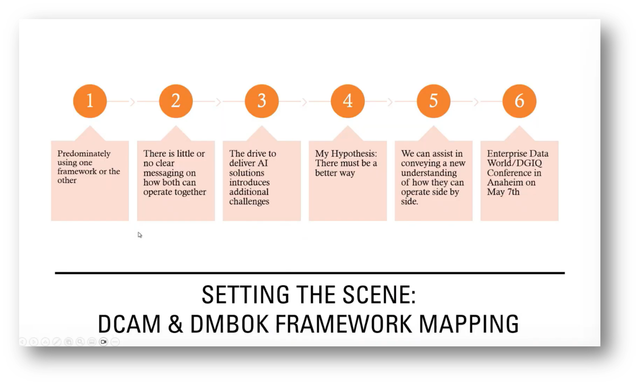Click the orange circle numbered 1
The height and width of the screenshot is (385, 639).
(x=90, y=101)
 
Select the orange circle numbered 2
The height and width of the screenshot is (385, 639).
(x=176, y=101)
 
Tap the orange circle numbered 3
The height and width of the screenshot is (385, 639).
(x=262, y=101)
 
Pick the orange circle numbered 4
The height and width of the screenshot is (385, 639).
(x=348, y=101)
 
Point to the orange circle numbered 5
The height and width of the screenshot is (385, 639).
(x=433, y=101)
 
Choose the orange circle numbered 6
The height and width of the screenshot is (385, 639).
(x=519, y=101)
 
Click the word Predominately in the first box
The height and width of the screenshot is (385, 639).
(x=84, y=154)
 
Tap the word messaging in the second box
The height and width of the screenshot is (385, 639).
(x=170, y=173)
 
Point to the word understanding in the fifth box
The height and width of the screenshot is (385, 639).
(x=429, y=173)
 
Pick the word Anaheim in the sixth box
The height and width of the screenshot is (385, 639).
(x=505, y=182)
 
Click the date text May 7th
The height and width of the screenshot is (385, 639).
(x=503, y=192)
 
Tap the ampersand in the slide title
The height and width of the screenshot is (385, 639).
(x=175, y=324)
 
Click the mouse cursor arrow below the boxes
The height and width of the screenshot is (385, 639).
(x=140, y=235)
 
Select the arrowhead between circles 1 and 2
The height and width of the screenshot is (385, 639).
(x=133, y=101)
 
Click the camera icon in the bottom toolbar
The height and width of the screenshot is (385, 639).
(x=104, y=342)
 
